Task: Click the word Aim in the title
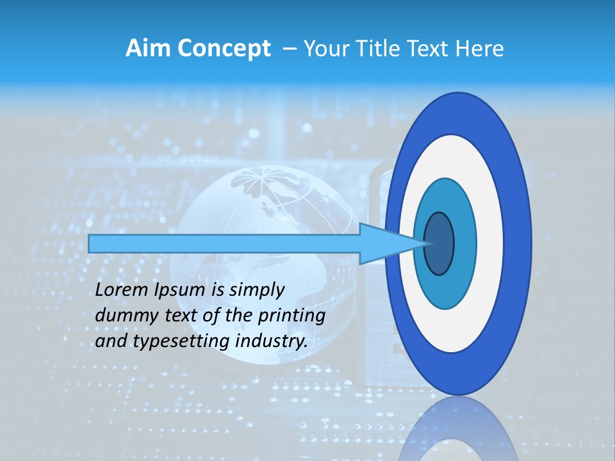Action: [146, 49]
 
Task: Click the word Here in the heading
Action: [480, 49]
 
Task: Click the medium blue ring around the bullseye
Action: [464, 243]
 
